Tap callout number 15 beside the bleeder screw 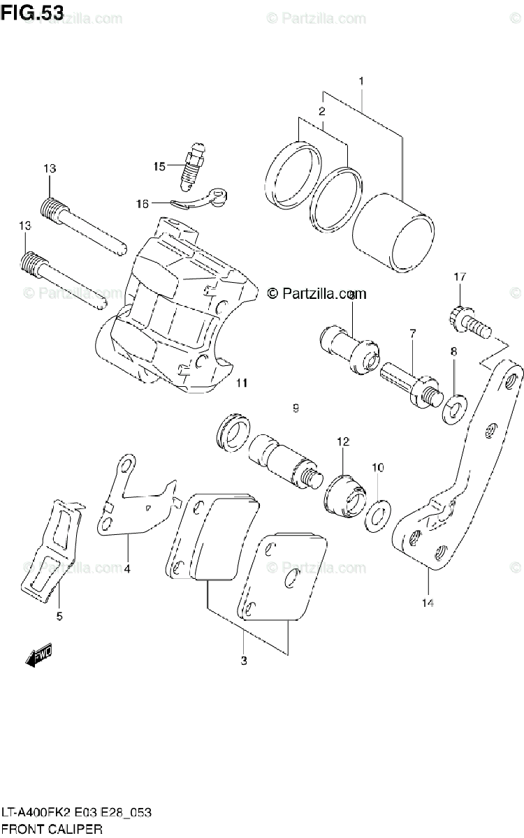[x=160, y=166]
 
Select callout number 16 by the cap [x=143, y=204]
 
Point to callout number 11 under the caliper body [x=242, y=382]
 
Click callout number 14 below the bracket [x=428, y=602]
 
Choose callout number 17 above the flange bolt [x=459, y=277]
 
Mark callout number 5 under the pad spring [x=59, y=616]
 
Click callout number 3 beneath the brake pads [x=243, y=661]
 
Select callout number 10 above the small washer [x=377, y=466]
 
